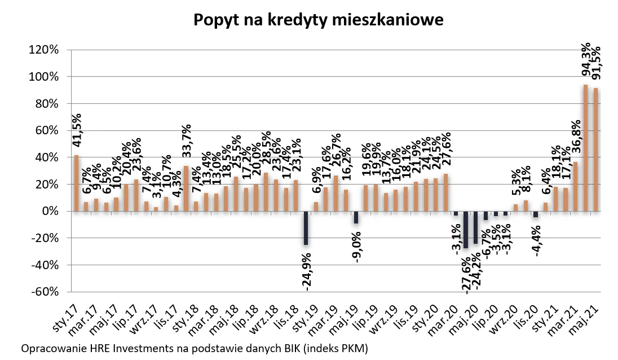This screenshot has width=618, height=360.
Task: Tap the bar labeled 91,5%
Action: coord(595,150)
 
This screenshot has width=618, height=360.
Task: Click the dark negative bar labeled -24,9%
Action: coord(306,228)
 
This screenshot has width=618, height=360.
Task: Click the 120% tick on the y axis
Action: coord(43,50)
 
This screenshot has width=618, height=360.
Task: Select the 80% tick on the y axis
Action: coord(46,103)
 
